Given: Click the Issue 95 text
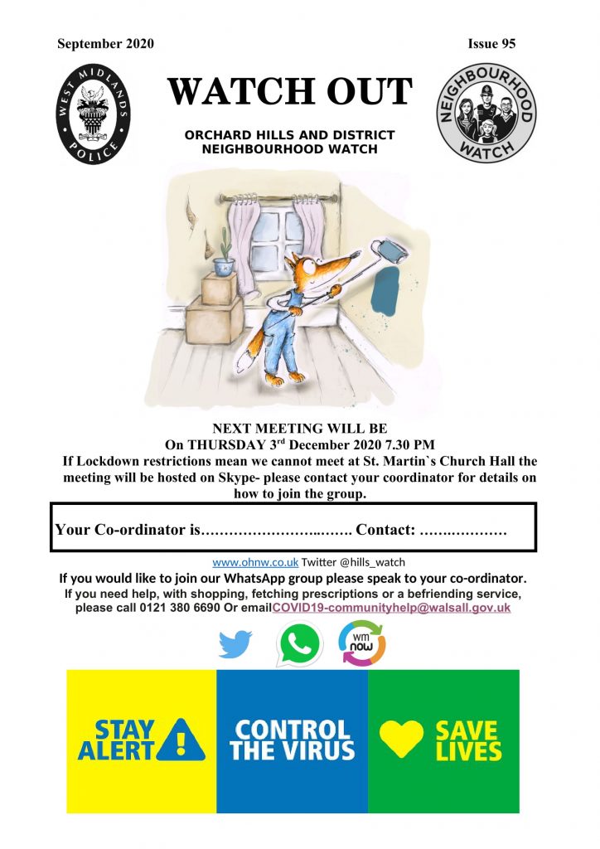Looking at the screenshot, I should pyautogui.click(x=491, y=44).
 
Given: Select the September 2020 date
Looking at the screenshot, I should pyautogui.click(x=105, y=44).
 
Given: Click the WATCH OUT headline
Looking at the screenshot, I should pyautogui.click(x=289, y=92).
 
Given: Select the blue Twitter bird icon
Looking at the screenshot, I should pyautogui.click(x=235, y=644).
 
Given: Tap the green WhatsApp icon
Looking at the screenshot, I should pyautogui.click(x=299, y=643).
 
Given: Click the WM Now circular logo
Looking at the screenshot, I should pyautogui.click(x=362, y=643).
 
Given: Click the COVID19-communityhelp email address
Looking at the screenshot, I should pyautogui.click(x=391, y=608).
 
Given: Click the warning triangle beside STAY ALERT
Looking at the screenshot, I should pyautogui.click(x=183, y=740).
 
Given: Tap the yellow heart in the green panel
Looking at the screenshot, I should pyautogui.click(x=401, y=738).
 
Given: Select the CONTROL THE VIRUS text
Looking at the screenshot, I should pyautogui.click(x=292, y=741).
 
